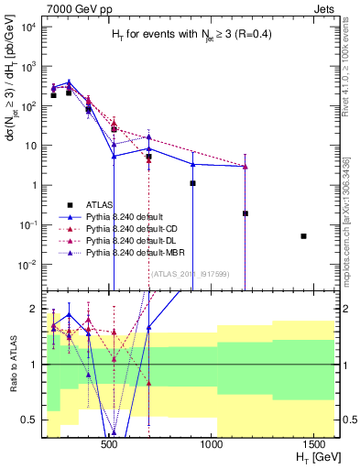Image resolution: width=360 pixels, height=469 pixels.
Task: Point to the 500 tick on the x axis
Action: click(109, 445)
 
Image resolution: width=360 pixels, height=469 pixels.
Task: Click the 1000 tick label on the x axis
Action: click(213, 445)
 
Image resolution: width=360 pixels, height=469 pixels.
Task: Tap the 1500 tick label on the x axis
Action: click(316, 445)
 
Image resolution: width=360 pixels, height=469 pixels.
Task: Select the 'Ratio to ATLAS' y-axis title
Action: click(12, 363)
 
